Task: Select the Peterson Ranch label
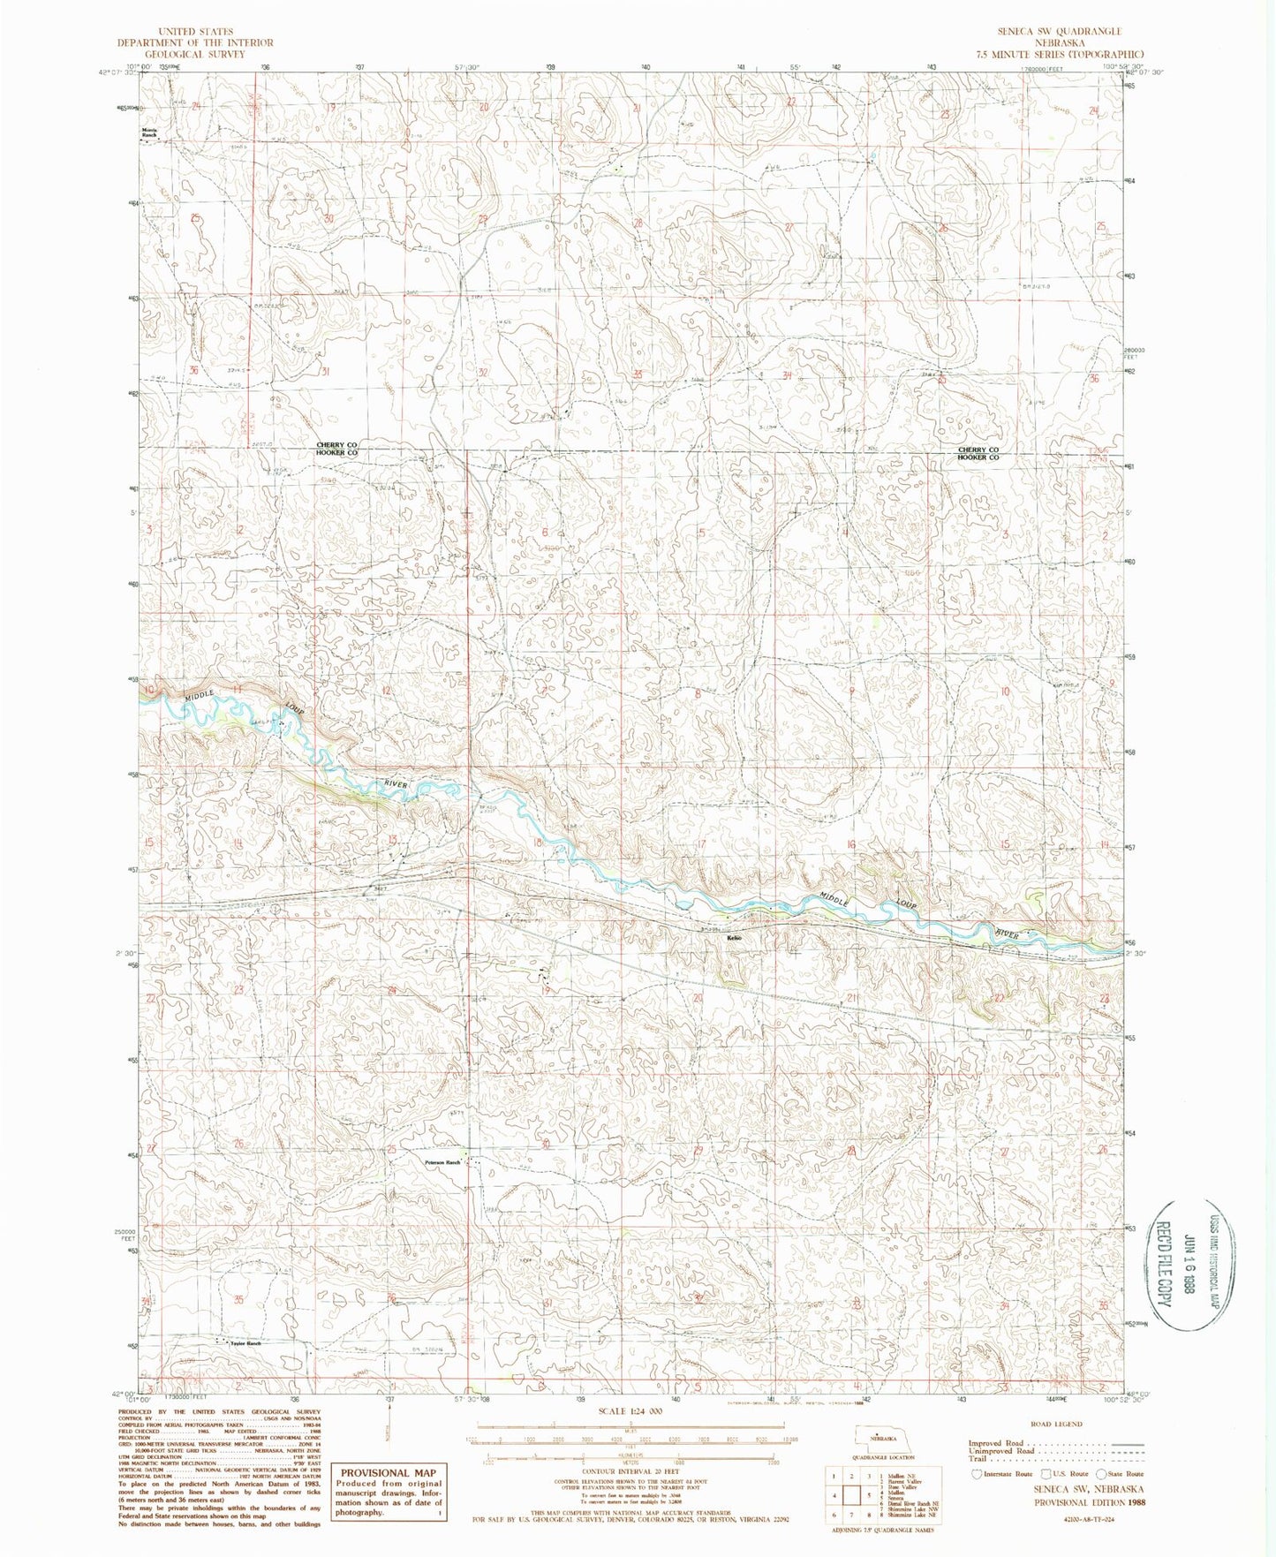pyautogui.click(x=442, y=1162)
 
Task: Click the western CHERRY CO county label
pyautogui.click(x=337, y=445)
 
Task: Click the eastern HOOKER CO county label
pyautogui.click(x=978, y=457)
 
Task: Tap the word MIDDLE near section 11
pyautogui.click(x=200, y=697)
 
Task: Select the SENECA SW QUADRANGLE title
pyautogui.click(x=1061, y=31)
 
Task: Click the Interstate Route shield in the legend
pyautogui.click(x=976, y=1473)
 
